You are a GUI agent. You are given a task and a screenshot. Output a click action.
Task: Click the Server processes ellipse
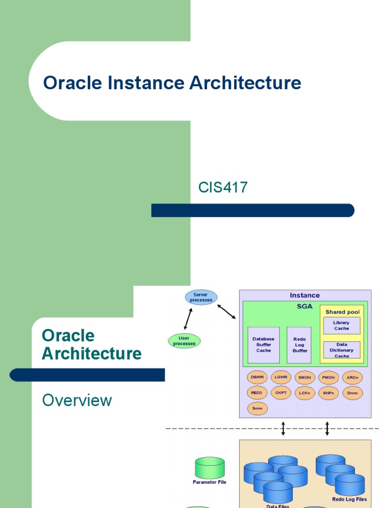(201, 297)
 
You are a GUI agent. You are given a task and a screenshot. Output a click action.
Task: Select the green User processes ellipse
(184, 341)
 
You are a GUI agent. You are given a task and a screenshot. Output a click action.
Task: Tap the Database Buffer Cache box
(263, 345)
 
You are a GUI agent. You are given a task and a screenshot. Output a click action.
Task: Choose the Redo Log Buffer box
(299, 345)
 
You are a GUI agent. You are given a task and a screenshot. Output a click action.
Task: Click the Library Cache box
(341, 325)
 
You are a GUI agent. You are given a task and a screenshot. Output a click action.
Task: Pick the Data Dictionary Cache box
(341, 350)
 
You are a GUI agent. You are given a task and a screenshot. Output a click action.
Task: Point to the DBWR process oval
(257, 378)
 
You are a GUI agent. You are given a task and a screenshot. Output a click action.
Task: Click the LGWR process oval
(281, 378)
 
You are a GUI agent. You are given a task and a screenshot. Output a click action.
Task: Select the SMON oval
(305, 378)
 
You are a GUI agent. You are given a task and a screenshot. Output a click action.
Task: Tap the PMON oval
(328, 378)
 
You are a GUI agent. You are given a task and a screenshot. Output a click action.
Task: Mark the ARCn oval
(352, 378)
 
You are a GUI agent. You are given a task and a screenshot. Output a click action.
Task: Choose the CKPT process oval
(281, 393)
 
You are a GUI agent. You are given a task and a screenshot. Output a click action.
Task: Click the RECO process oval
(257, 393)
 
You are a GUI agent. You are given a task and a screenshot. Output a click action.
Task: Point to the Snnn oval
(257, 408)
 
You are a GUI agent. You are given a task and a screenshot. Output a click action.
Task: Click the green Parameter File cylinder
(209, 468)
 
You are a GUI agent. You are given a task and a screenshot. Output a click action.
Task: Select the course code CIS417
(223, 188)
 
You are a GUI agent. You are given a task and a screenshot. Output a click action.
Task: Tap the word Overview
(77, 400)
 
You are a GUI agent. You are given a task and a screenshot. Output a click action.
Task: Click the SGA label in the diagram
(305, 306)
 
